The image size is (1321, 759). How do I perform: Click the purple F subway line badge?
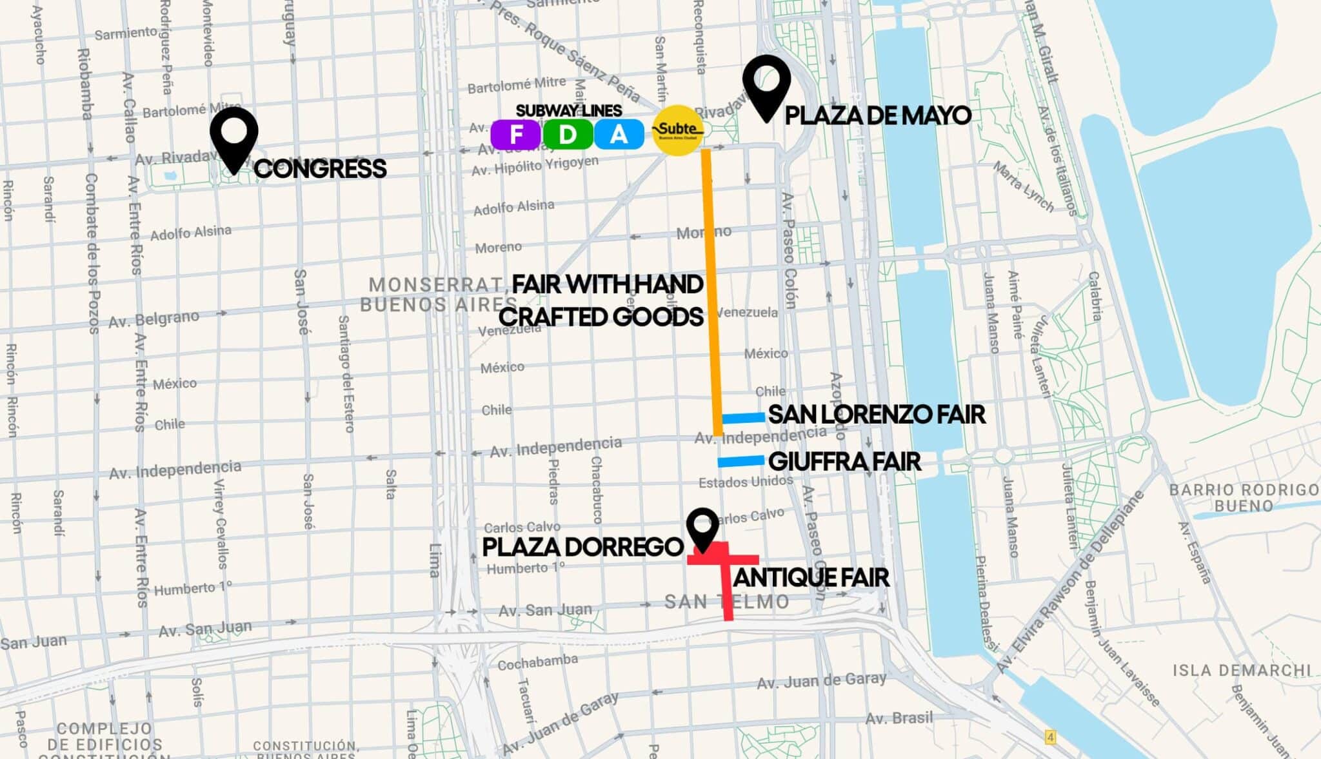[516, 134]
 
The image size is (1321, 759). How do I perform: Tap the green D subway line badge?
[568, 134]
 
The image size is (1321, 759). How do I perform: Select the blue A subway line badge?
[619, 134]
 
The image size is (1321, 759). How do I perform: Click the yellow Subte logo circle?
[677, 130]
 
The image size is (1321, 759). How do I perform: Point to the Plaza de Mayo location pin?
[766, 84]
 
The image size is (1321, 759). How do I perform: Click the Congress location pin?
[233, 136]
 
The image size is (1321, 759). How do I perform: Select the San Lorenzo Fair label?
[877, 415]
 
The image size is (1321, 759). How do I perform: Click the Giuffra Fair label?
[844, 462]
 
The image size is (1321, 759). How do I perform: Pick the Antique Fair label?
[811, 577]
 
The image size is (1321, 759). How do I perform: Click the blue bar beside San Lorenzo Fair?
[743, 418]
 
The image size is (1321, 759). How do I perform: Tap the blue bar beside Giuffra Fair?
[740, 461]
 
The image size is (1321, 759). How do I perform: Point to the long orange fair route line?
[711, 290]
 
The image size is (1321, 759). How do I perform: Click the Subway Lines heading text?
[568, 110]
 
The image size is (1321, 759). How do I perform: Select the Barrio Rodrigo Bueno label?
[1244, 497]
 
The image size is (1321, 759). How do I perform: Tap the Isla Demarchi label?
[1242, 671]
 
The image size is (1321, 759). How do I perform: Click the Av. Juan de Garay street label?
[821, 681]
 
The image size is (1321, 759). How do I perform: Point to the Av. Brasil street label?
[899, 718]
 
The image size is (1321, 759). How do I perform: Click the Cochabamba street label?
[537, 662]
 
